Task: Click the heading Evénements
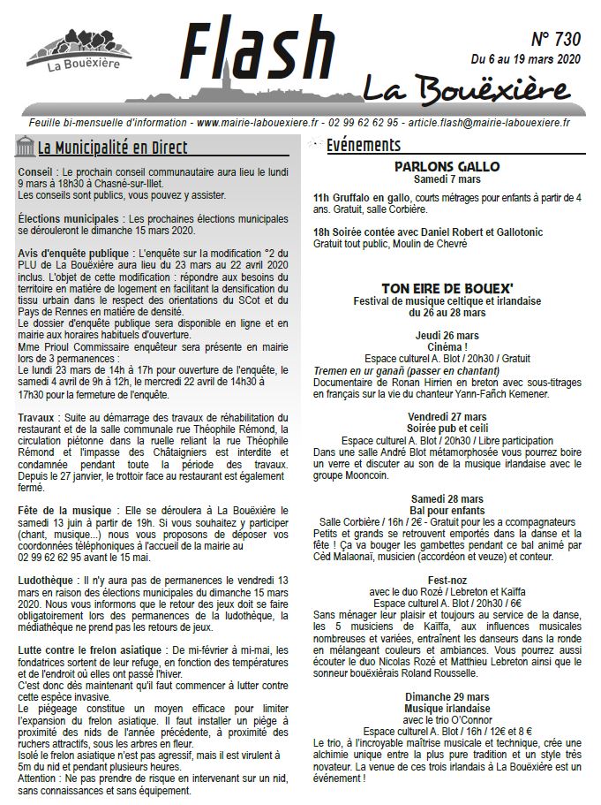point(363,146)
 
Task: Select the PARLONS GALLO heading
point(447,166)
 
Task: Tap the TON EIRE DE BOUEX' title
point(447,287)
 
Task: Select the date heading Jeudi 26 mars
point(447,336)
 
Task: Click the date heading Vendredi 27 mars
point(447,417)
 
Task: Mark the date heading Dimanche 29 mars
point(447,697)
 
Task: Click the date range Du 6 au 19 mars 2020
point(525,60)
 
